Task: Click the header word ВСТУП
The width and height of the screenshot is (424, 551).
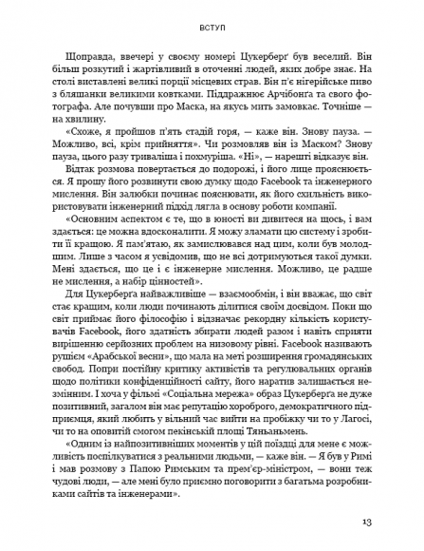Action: pyautogui.click(x=212, y=28)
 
